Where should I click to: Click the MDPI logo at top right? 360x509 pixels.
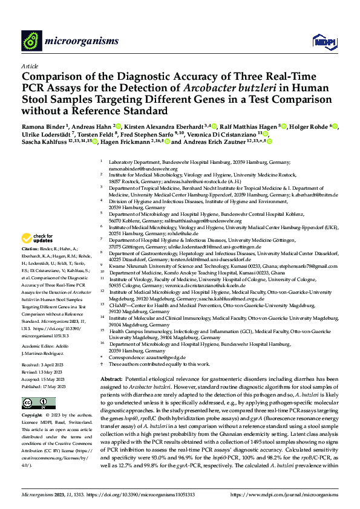(321, 41)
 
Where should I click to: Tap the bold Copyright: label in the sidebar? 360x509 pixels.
(34, 416)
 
